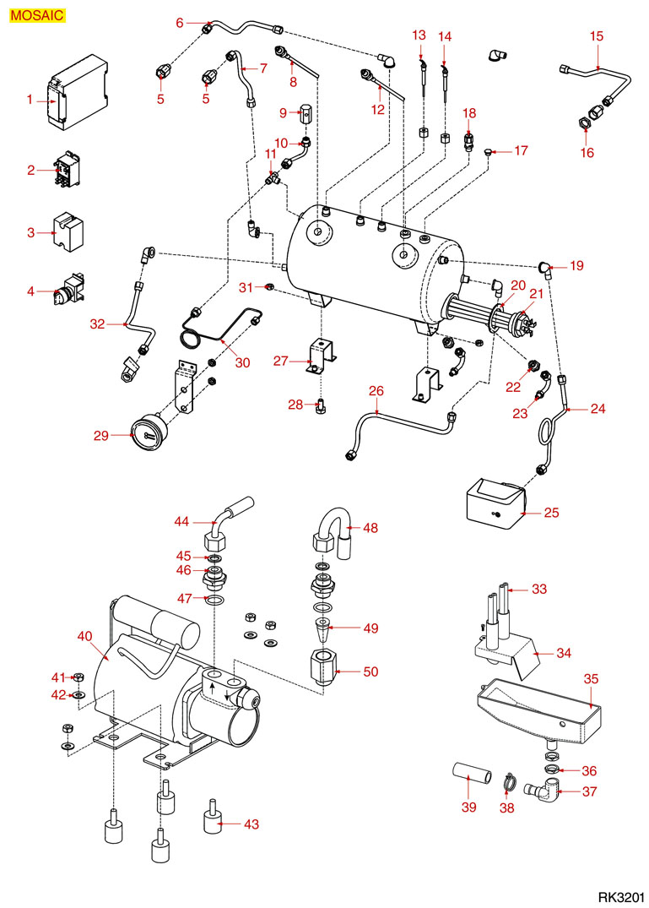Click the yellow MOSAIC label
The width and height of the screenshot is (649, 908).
[x=37, y=14]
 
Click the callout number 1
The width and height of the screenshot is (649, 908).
[x=30, y=100]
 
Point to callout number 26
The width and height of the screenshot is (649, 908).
[x=376, y=390]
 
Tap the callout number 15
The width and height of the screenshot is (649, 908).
[x=597, y=36]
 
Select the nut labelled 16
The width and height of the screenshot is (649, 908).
[x=583, y=124]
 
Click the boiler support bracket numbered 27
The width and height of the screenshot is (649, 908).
[x=322, y=354]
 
